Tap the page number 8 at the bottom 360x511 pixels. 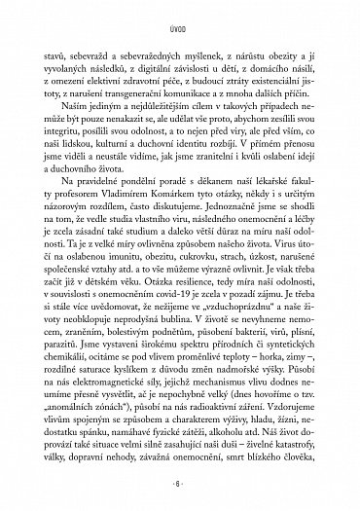coord(180,483)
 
